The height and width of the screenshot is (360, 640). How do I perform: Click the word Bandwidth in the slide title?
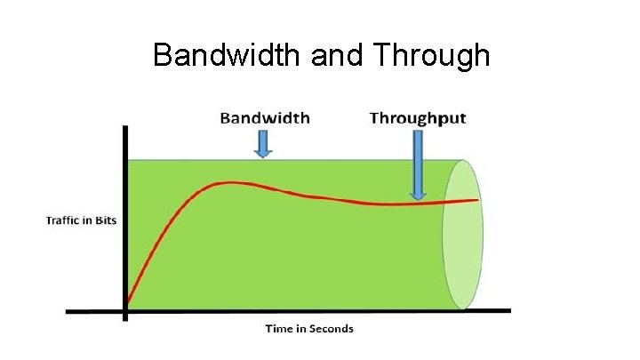(x=228, y=55)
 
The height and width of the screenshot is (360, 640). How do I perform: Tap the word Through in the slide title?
(x=432, y=55)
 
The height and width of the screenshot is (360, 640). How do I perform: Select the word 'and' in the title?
(x=338, y=55)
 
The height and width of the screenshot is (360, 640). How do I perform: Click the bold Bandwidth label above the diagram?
(x=265, y=118)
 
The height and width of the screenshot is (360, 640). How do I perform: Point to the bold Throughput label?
(x=418, y=118)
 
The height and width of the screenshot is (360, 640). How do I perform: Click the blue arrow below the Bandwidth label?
(x=262, y=143)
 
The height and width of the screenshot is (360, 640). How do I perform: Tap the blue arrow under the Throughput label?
(x=418, y=164)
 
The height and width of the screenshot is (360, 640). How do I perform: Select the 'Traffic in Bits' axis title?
(x=81, y=220)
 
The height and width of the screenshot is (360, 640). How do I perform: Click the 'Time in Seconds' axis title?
(x=308, y=329)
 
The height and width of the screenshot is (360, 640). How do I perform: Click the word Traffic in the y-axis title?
(x=63, y=220)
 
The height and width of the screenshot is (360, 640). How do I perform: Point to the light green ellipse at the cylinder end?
(x=463, y=235)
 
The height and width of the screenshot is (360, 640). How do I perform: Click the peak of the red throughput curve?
(x=230, y=183)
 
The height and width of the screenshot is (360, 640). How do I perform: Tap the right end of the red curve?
(x=478, y=200)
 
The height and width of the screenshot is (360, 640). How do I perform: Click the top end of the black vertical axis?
(x=125, y=129)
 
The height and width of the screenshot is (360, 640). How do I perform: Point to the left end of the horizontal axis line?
(x=68, y=311)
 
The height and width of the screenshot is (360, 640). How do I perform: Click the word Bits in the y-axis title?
(x=106, y=220)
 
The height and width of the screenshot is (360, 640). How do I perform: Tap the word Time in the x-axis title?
(x=277, y=329)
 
